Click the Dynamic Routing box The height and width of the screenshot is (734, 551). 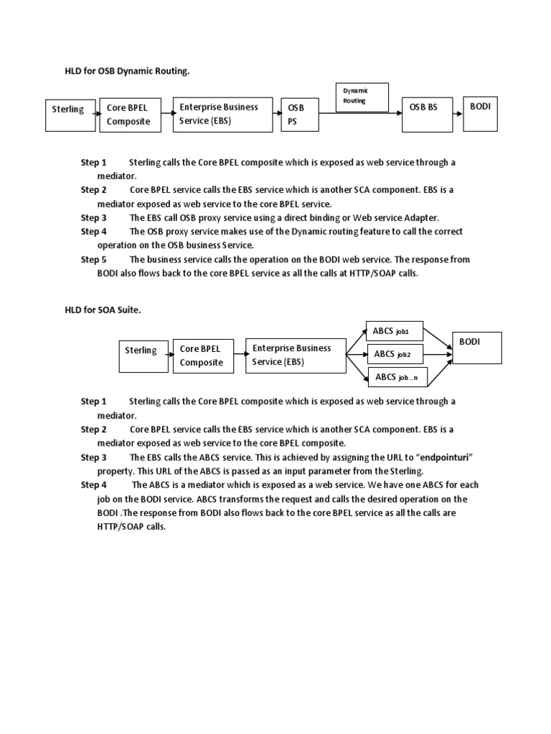[362, 97]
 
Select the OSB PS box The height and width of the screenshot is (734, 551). [298, 115]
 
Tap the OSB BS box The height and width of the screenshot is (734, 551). [427, 114]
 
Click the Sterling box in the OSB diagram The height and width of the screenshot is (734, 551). [69, 115]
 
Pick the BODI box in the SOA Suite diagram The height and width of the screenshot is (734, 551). [476, 348]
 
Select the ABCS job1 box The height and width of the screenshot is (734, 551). [395, 332]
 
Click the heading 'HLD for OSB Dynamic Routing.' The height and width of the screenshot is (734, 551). [128, 71]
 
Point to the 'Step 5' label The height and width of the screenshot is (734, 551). [93, 259]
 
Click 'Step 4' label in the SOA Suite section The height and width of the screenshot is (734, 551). [93, 485]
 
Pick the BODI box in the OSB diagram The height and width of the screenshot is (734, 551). [481, 114]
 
